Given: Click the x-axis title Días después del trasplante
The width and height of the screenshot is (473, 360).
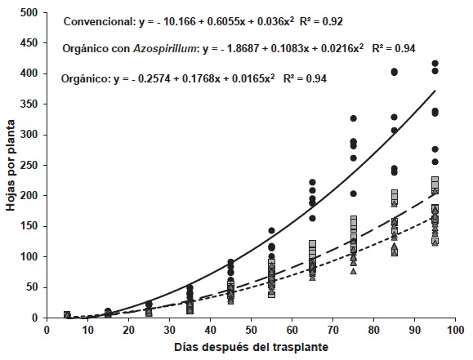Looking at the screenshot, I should tap(256, 349).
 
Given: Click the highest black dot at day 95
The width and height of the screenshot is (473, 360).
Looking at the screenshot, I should tap(435, 64).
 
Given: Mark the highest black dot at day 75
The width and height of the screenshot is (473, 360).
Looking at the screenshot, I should tap(354, 119).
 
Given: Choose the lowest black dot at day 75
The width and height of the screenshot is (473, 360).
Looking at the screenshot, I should tap(354, 194).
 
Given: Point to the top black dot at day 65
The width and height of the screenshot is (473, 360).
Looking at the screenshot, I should tap(313, 183).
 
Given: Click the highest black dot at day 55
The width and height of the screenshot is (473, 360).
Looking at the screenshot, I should tap(272, 231).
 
